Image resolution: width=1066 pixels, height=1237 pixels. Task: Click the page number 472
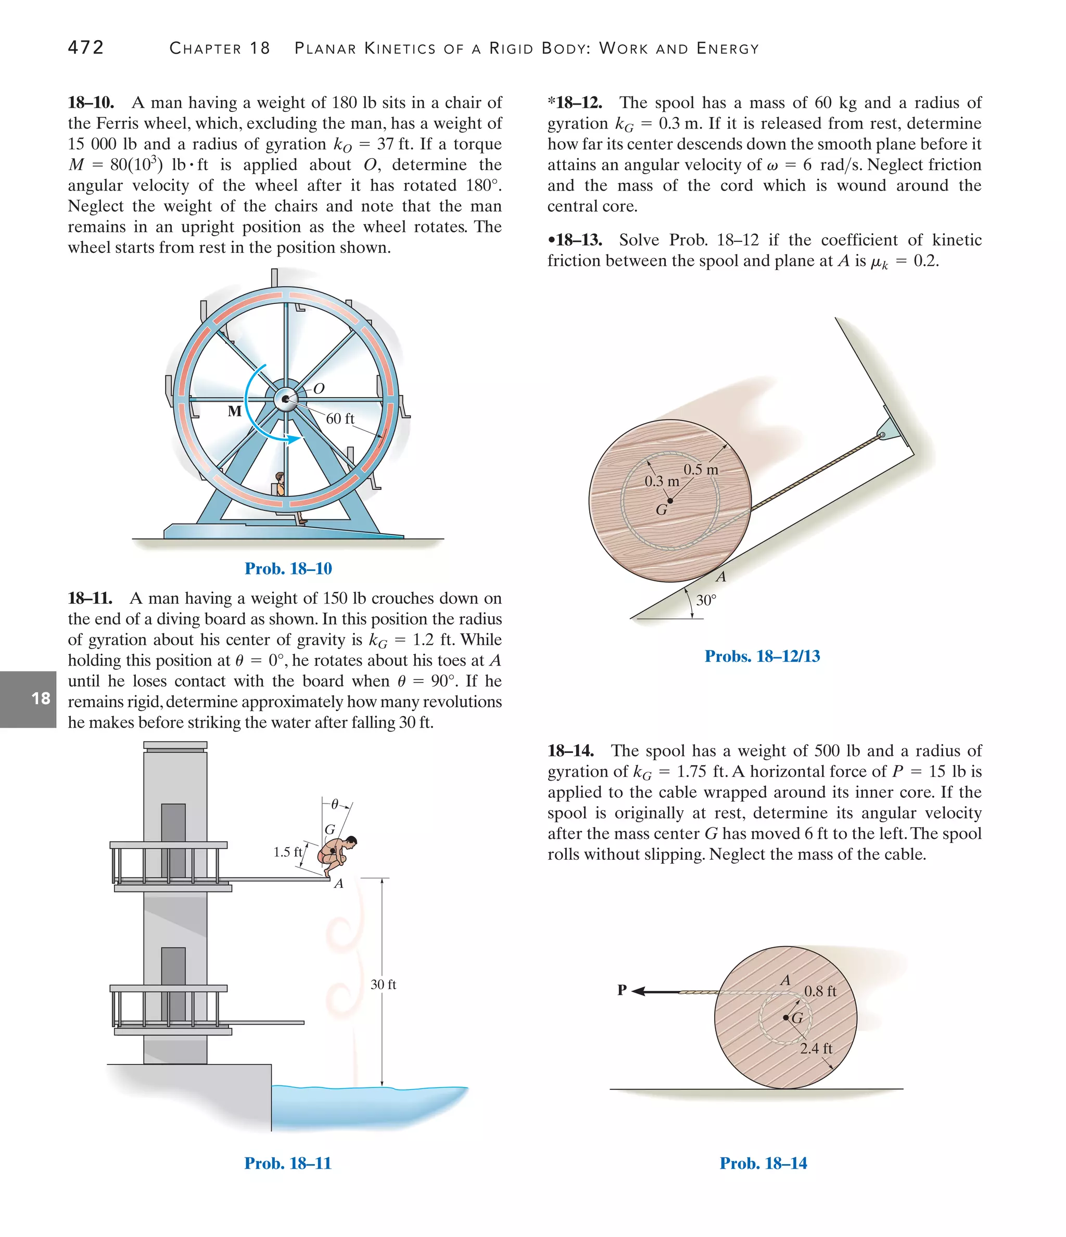86,47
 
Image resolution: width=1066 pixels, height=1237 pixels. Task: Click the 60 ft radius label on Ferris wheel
340,418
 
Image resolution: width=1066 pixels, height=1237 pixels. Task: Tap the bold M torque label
235,411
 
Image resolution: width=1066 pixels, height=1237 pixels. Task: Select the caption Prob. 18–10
288,568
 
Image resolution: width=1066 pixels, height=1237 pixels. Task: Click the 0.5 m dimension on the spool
701,469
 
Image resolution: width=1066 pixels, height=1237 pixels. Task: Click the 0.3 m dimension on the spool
662,481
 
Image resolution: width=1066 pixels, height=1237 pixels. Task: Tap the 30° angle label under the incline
706,600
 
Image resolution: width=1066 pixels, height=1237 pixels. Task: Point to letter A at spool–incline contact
721,577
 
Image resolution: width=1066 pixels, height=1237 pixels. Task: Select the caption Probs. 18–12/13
762,656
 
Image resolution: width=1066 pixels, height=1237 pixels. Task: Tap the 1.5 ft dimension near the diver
288,852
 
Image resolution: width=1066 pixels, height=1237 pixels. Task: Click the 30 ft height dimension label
383,985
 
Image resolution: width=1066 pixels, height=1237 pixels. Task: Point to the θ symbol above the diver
335,804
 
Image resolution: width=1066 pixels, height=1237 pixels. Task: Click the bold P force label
621,990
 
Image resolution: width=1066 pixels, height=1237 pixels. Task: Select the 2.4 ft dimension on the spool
816,1048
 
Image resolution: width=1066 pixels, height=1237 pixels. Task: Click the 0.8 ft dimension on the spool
820,991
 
